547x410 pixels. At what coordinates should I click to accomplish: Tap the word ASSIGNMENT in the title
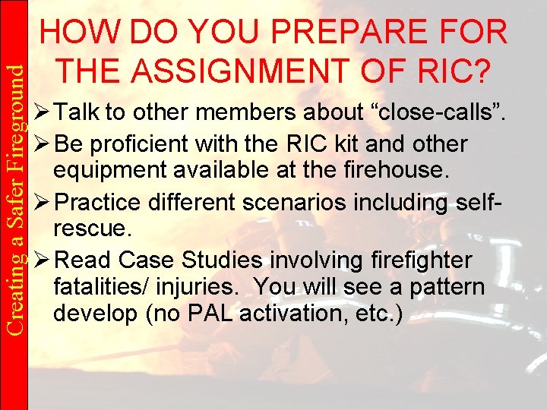coord(270,71)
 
